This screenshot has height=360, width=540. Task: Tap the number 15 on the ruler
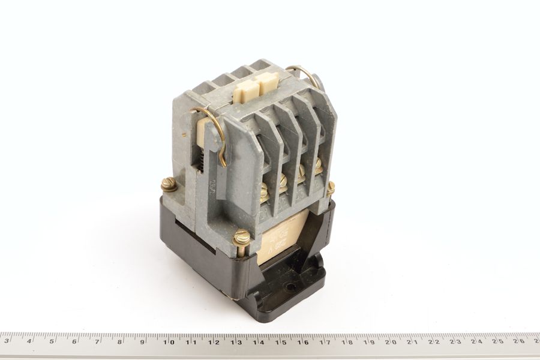[x=280, y=342]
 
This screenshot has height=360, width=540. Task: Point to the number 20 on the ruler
[x=391, y=342]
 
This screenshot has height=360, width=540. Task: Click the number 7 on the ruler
[x=97, y=342]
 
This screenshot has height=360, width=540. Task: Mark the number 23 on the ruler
[x=455, y=342]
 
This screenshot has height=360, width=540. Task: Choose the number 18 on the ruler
[x=346, y=342]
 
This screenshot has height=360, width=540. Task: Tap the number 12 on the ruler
[x=214, y=342]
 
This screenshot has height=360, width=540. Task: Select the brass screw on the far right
[x=330, y=188]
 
